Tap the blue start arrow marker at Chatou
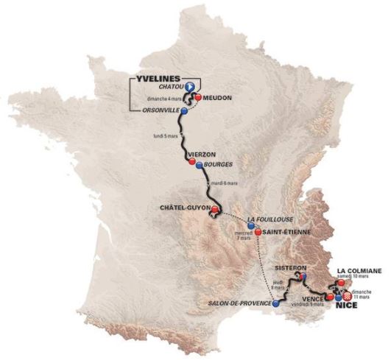(189, 87)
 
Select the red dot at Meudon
(198, 96)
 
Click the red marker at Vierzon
(192, 163)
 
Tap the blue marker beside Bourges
(200, 163)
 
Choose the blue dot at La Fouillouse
(251, 226)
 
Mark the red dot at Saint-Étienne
(258, 232)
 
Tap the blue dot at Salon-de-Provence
(275, 303)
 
